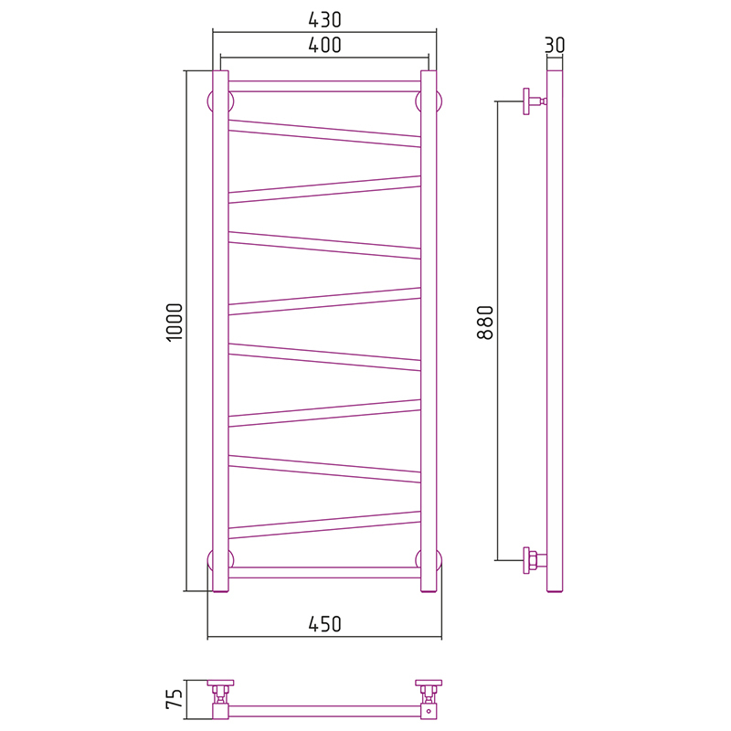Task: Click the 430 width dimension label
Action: pos(324,19)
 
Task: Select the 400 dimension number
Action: pos(324,45)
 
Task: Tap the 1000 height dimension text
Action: pos(175,323)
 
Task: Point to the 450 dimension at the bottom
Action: pos(324,624)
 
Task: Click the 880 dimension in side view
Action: pos(485,323)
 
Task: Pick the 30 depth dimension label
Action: pos(555,45)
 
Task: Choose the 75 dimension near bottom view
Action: pos(175,699)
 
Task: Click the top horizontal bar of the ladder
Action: pos(324,86)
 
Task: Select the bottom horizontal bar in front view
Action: pos(324,573)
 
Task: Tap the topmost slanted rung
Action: pos(324,133)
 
